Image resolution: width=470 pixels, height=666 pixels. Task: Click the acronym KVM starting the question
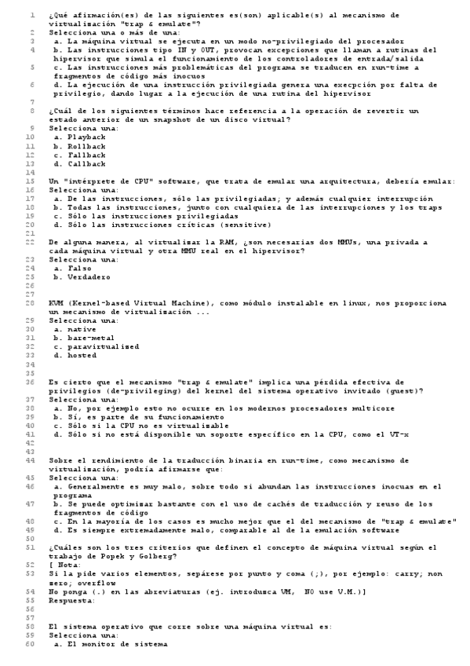(x=55, y=302)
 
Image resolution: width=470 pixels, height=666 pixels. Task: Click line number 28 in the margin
(x=29, y=302)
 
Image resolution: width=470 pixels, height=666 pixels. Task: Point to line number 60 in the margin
(x=29, y=644)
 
